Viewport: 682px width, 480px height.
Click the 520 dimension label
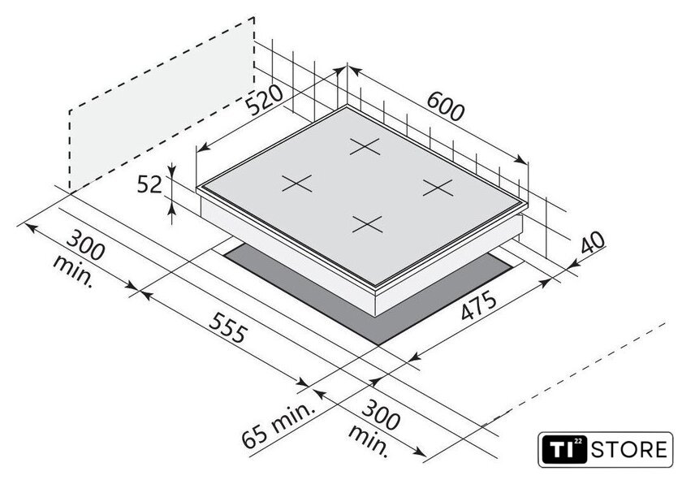pos(265,99)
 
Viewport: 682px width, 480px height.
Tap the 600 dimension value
pos(446,106)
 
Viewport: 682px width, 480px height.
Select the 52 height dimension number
pos(149,184)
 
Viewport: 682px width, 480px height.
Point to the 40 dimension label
pos(593,243)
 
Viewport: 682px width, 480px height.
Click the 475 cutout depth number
pos(478,305)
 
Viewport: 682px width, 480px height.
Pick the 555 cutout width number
pos(228,327)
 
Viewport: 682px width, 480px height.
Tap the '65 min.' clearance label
pos(278,425)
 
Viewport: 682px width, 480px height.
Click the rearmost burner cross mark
pos(365,147)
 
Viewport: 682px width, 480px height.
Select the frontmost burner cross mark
pos(368,224)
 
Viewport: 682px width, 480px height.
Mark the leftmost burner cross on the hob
pos(297,184)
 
